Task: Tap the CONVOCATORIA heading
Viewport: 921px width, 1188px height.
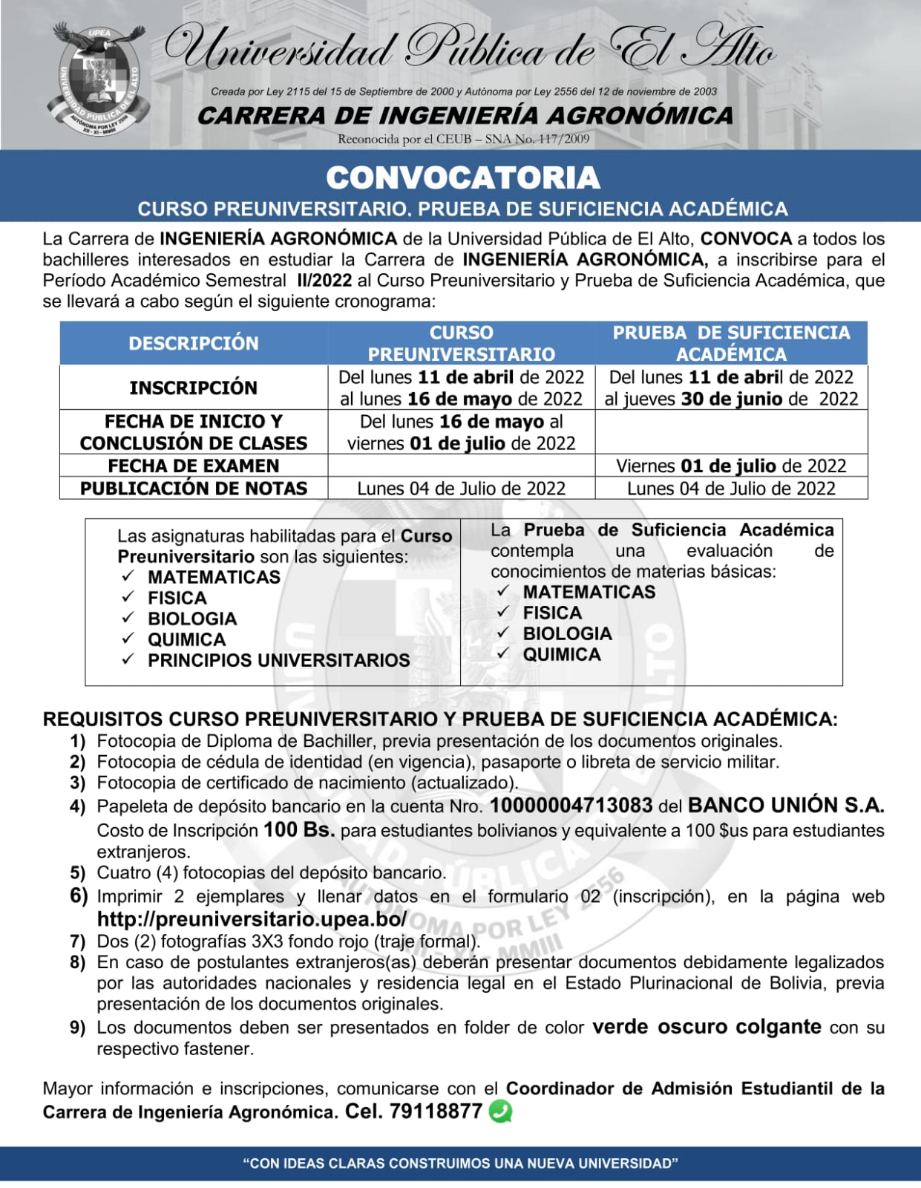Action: click(x=462, y=178)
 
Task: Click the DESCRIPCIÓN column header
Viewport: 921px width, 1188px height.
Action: click(x=194, y=343)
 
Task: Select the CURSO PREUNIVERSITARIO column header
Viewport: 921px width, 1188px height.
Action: click(x=461, y=343)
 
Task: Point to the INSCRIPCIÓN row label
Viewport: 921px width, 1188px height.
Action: click(x=194, y=388)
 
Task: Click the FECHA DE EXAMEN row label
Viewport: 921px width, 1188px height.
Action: click(x=194, y=466)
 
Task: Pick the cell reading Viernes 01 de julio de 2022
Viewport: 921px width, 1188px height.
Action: click(x=731, y=466)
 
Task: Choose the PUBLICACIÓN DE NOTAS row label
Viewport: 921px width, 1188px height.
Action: click(x=194, y=488)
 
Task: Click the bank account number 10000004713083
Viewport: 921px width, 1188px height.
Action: click(x=571, y=806)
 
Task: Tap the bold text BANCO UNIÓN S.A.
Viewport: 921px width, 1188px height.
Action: click(x=786, y=806)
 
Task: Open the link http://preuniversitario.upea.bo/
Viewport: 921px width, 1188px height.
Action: click(x=252, y=919)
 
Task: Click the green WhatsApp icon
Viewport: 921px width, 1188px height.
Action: click(x=501, y=1112)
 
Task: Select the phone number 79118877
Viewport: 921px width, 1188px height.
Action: click(x=436, y=1112)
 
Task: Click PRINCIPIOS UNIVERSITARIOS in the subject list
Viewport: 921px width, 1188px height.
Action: click(x=278, y=660)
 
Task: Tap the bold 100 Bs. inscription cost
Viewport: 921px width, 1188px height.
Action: click(x=299, y=829)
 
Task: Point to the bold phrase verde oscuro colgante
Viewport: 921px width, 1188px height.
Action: click(x=707, y=1027)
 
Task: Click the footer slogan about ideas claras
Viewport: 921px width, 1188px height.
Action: click(x=460, y=1163)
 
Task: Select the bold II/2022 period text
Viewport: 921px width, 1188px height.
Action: click(x=324, y=281)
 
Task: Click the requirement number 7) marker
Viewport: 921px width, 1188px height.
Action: click(x=78, y=941)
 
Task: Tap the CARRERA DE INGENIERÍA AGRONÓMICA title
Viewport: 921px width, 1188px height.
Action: click(x=465, y=116)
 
